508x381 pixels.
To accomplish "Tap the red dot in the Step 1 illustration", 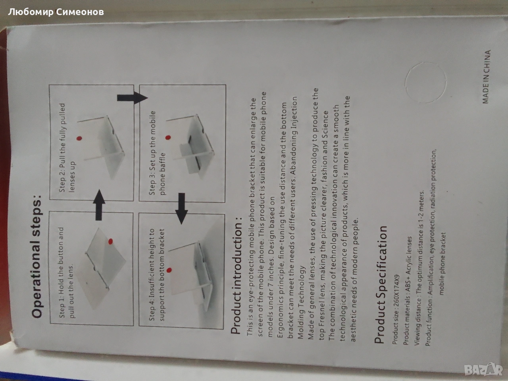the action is click(x=110, y=242).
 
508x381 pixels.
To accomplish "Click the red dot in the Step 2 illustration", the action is click(x=79, y=139).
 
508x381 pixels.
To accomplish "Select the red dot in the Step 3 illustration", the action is click(x=168, y=137).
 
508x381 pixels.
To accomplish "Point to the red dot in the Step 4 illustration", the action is click(x=169, y=270).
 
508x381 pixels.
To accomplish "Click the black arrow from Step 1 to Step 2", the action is click(x=99, y=205).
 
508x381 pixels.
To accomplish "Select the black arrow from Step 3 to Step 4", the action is click(x=182, y=208).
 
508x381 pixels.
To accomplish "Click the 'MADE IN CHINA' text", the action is click(x=486, y=77).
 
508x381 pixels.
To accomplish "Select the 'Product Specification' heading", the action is click(x=381, y=284).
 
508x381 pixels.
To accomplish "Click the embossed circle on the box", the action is click(x=425, y=83).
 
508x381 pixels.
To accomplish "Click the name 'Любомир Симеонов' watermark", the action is click(x=56, y=12).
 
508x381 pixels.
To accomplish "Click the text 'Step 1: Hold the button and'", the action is click(x=62, y=273).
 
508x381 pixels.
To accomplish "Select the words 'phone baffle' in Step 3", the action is click(x=163, y=174).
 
